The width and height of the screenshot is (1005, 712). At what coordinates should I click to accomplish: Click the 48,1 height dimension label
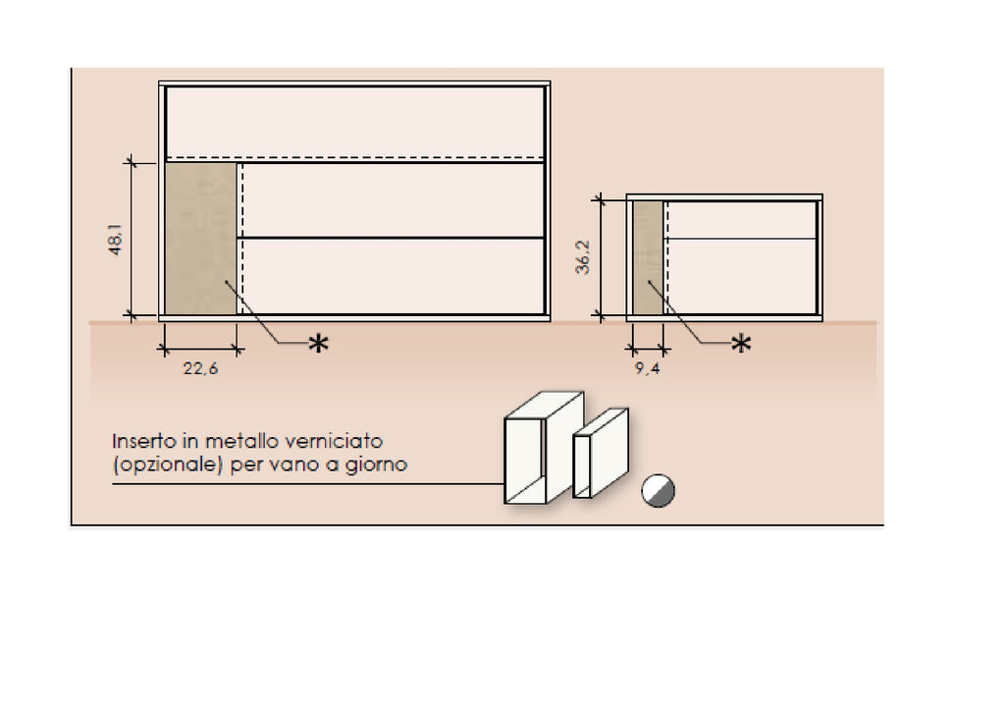pyautogui.click(x=116, y=240)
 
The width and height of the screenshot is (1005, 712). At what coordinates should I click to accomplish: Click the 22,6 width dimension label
pyautogui.click(x=200, y=369)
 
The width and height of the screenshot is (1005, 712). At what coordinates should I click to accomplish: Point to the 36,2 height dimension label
pyautogui.click(x=583, y=257)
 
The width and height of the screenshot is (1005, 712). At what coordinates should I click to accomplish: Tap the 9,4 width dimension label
pyautogui.click(x=648, y=369)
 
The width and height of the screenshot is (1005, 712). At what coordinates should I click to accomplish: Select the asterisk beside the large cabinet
pyautogui.click(x=319, y=344)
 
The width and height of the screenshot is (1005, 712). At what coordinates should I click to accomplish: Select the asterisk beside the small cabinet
pyautogui.click(x=742, y=344)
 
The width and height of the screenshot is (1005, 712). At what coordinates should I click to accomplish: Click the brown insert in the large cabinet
pyautogui.click(x=200, y=239)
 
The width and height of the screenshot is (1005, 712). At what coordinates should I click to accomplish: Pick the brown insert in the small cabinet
pyautogui.click(x=648, y=258)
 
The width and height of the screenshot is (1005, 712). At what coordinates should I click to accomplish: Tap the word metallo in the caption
pyautogui.click(x=241, y=441)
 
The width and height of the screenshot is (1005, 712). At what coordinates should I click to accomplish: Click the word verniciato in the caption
pyautogui.click(x=334, y=441)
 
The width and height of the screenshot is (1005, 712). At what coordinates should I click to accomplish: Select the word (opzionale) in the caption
pyautogui.click(x=168, y=465)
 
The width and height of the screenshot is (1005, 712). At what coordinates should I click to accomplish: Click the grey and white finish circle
pyautogui.click(x=659, y=491)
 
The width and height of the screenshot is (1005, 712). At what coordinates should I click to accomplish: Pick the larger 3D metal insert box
pyautogui.click(x=544, y=448)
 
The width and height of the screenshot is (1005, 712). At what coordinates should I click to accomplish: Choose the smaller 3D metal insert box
pyautogui.click(x=601, y=453)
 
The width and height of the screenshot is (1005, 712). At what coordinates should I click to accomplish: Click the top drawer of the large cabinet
pyautogui.click(x=355, y=122)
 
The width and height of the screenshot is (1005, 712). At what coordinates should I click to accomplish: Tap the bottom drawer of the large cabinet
pyautogui.click(x=391, y=277)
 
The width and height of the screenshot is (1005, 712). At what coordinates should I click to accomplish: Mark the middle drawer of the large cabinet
pyautogui.click(x=391, y=200)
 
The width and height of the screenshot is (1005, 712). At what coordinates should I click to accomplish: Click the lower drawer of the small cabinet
pyautogui.click(x=741, y=277)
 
